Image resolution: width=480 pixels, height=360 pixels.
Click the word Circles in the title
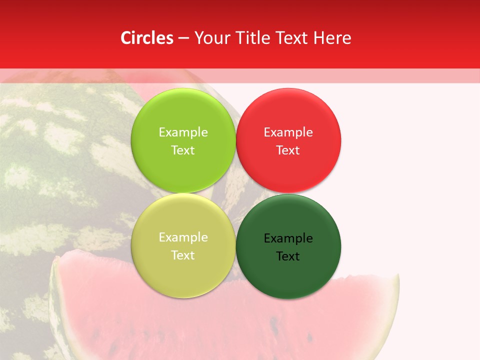146,38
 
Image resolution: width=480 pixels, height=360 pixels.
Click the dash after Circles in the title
183,38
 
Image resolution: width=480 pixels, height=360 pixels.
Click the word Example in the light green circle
183,132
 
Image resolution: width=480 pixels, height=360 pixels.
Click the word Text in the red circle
288,150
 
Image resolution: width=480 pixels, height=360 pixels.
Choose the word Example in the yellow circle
183,237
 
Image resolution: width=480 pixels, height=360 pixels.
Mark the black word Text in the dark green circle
288,256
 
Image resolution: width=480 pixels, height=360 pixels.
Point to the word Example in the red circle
288,132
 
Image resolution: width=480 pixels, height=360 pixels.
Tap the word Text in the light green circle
183,150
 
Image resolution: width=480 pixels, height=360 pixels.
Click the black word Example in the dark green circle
288,238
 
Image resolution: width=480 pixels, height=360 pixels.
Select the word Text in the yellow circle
183,255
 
